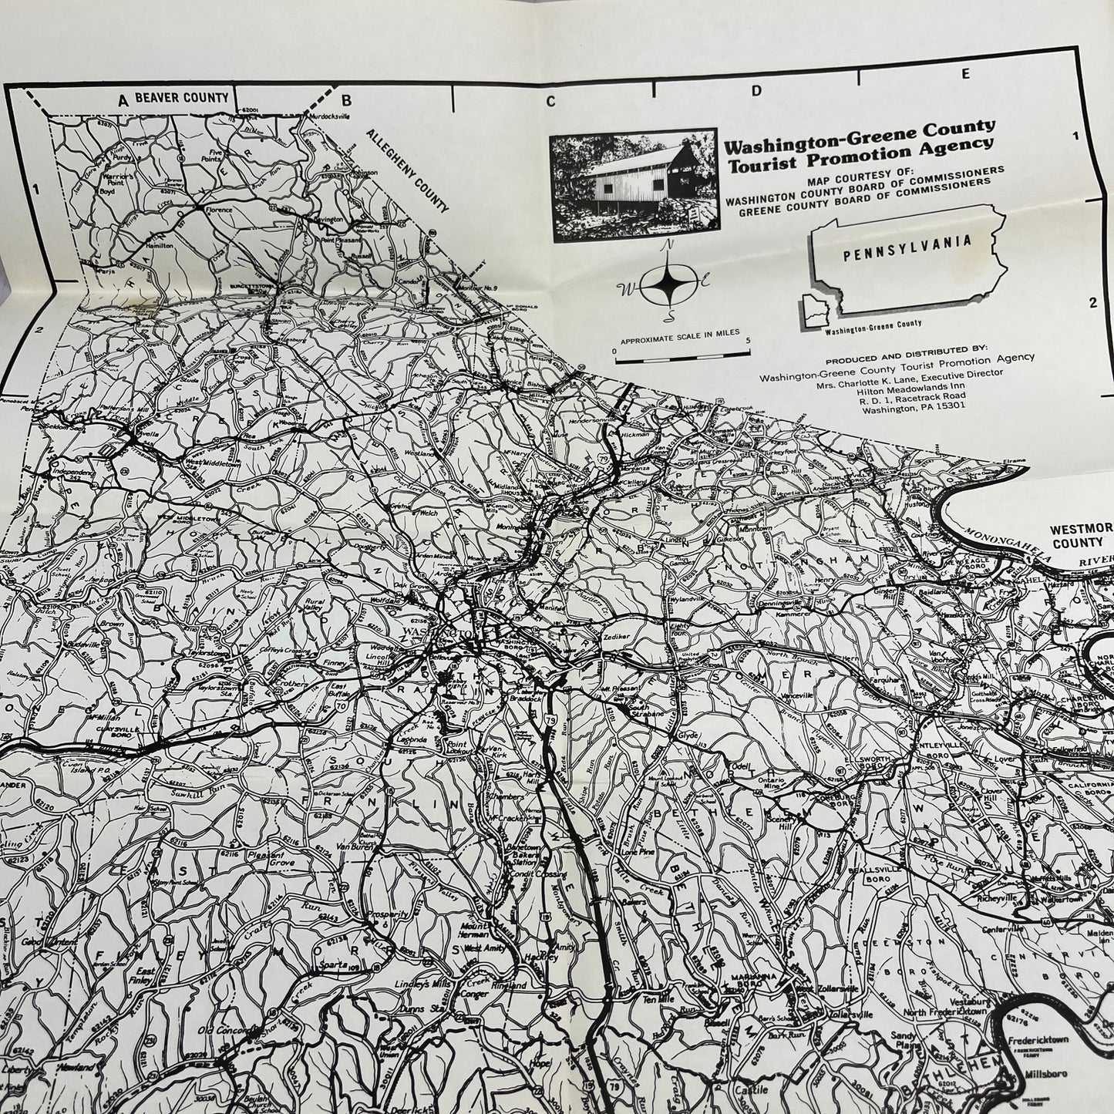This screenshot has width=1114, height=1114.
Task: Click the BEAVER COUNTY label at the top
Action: [x=182, y=98]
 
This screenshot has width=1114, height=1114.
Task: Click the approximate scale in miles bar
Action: [x=676, y=352]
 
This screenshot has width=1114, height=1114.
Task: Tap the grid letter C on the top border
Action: [x=551, y=101]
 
